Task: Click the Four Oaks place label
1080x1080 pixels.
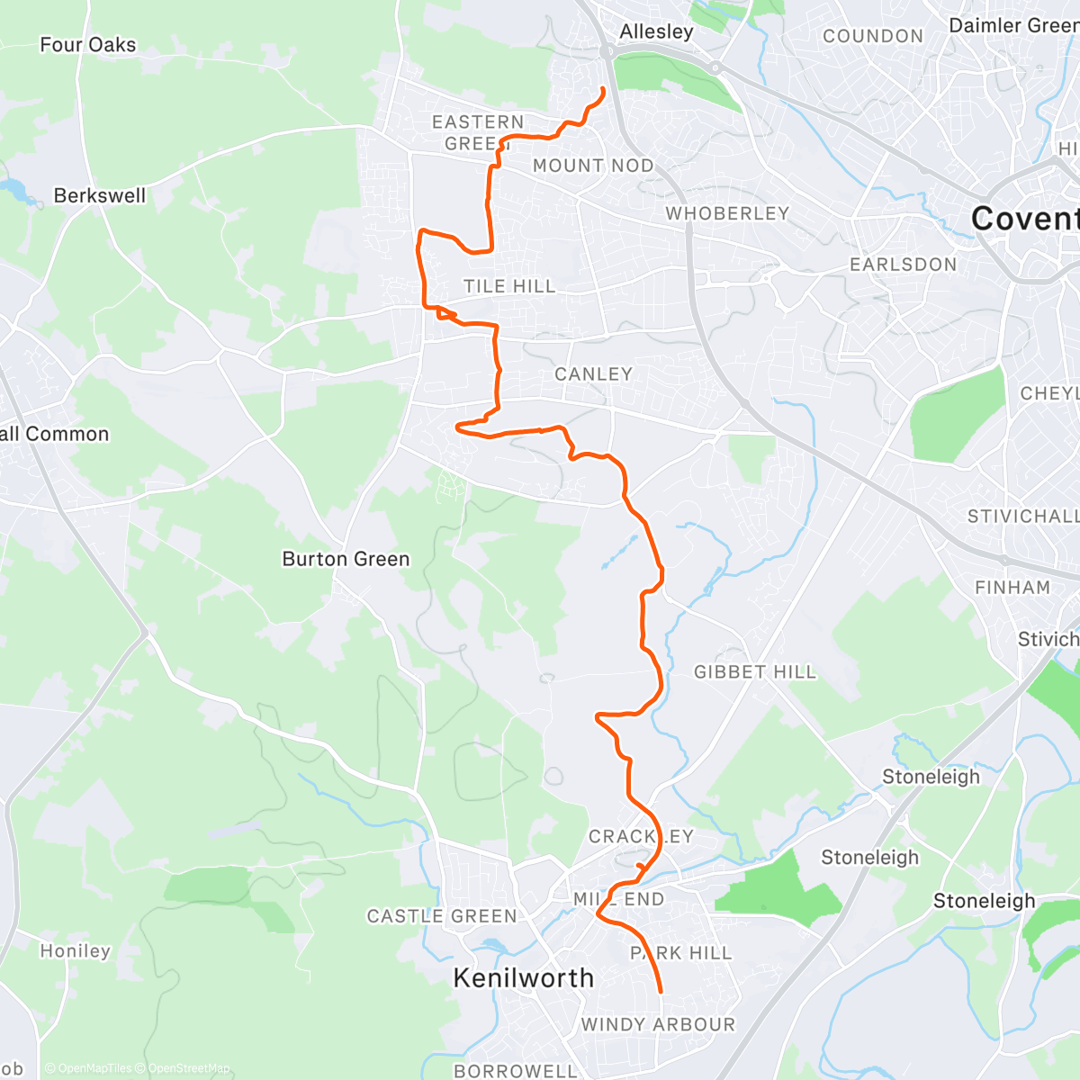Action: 88,45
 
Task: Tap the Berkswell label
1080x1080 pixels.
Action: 99,195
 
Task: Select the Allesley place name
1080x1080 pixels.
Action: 656,31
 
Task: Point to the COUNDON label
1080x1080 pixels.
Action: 873,36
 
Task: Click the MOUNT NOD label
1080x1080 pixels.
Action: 593,166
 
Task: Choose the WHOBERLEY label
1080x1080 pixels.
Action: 727,213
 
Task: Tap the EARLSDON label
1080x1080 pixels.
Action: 903,265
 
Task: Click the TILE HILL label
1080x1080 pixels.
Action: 509,286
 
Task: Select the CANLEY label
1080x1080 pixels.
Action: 593,373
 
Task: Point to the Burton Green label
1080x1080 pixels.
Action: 346,559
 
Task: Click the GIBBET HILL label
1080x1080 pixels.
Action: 754,672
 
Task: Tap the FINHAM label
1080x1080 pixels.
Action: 1012,588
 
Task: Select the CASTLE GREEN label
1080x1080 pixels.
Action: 442,916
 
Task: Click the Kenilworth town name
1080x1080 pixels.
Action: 523,978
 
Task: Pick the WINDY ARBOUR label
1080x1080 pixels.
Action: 658,1024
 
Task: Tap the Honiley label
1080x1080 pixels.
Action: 75,951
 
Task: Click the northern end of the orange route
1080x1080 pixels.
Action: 602,88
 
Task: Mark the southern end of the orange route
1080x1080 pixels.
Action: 661,992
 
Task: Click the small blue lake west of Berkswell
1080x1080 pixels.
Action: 15,188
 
